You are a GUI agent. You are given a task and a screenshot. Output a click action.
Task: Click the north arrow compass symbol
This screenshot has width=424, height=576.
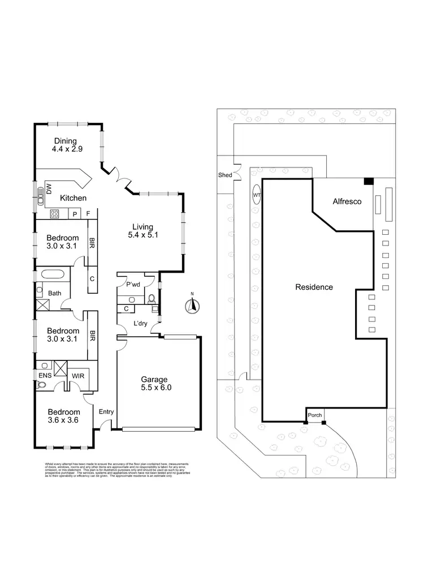192,306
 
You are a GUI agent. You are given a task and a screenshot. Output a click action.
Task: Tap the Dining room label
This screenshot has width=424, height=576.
66,146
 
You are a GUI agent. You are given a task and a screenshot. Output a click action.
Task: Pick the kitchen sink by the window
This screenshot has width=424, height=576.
41,195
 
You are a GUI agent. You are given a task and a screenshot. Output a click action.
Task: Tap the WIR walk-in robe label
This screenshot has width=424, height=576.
77,375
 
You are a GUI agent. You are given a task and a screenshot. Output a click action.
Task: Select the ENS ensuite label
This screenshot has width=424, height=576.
45,375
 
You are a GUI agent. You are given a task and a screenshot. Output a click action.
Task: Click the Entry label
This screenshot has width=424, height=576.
106,412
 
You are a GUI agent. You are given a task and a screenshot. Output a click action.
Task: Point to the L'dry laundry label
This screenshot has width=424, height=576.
140,323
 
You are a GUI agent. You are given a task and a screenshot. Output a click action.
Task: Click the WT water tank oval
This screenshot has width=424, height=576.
257,195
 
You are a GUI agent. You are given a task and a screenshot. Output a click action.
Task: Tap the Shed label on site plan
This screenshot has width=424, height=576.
225,175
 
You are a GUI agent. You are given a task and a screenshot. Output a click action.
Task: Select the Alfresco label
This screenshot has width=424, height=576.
347,201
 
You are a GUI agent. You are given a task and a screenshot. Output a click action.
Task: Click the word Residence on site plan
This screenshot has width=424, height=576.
314,287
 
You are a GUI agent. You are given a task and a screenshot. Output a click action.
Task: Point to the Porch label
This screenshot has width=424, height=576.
315,415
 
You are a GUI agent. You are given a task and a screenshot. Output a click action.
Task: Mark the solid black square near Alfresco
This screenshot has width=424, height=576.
368,180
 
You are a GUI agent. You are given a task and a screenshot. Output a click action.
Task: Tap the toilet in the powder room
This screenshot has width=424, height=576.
152,298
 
